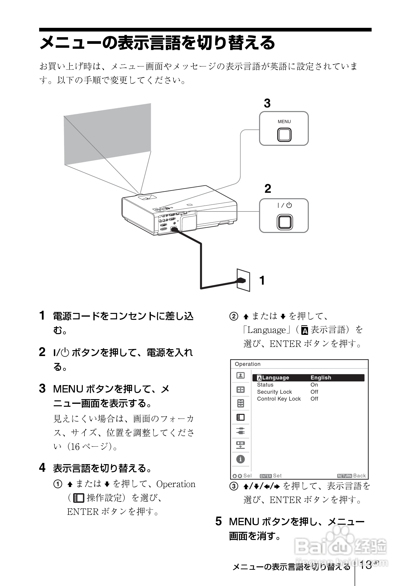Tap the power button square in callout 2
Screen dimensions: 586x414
(285, 222)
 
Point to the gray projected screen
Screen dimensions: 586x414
(107, 134)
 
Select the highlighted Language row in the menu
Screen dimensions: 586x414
(308, 377)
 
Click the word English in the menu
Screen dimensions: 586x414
(321, 377)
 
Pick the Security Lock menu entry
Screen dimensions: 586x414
(274, 392)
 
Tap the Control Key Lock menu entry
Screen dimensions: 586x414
(279, 399)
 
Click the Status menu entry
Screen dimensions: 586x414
(265, 385)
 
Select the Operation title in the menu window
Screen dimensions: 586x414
(247, 364)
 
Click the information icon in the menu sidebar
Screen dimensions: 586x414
(240, 459)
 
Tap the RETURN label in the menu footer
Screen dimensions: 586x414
(344, 476)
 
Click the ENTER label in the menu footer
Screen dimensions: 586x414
(266, 476)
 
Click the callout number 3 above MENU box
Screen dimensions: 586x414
(267, 103)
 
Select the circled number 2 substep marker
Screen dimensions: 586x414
(234, 316)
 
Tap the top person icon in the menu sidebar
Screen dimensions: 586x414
(240, 375)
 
